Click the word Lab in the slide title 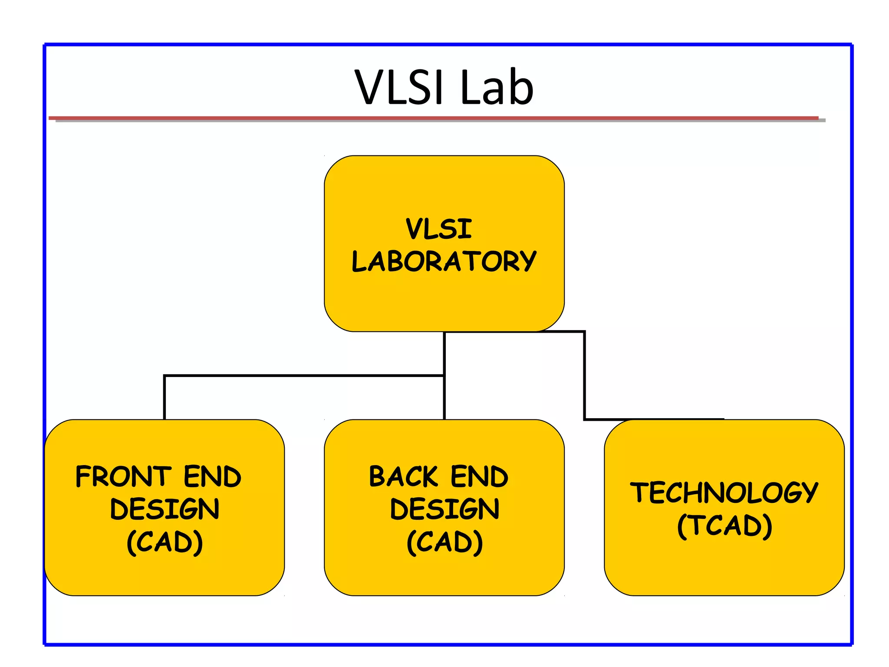pyautogui.click(x=497, y=88)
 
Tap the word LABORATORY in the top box pyautogui.click(x=444, y=261)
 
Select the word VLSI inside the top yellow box pyautogui.click(x=438, y=229)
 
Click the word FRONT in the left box pyautogui.click(x=123, y=476)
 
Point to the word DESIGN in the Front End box pyautogui.click(x=165, y=509)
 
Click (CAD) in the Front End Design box pyautogui.click(x=165, y=542)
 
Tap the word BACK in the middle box pyautogui.click(x=404, y=476)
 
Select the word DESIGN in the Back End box pyautogui.click(x=444, y=509)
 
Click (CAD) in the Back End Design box pyautogui.click(x=444, y=542)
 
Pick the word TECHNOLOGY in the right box pyautogui.click(x=724, y=492)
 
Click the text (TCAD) pyautogui.click(x=724, y=525)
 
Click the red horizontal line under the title pyautogui.click(x=434, y=118)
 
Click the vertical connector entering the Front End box pyautogui.click(x=165, y=397)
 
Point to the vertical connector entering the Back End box pyautogui.click(x=444, y=397)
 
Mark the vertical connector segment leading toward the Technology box pyautogui.click(x=584, y=376)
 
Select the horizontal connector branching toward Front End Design pyautogui.click(x=304, y=376)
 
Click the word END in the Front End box pyautogui.click(x=212, y=476)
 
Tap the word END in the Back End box pyautogui.click(x=479, y=476)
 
